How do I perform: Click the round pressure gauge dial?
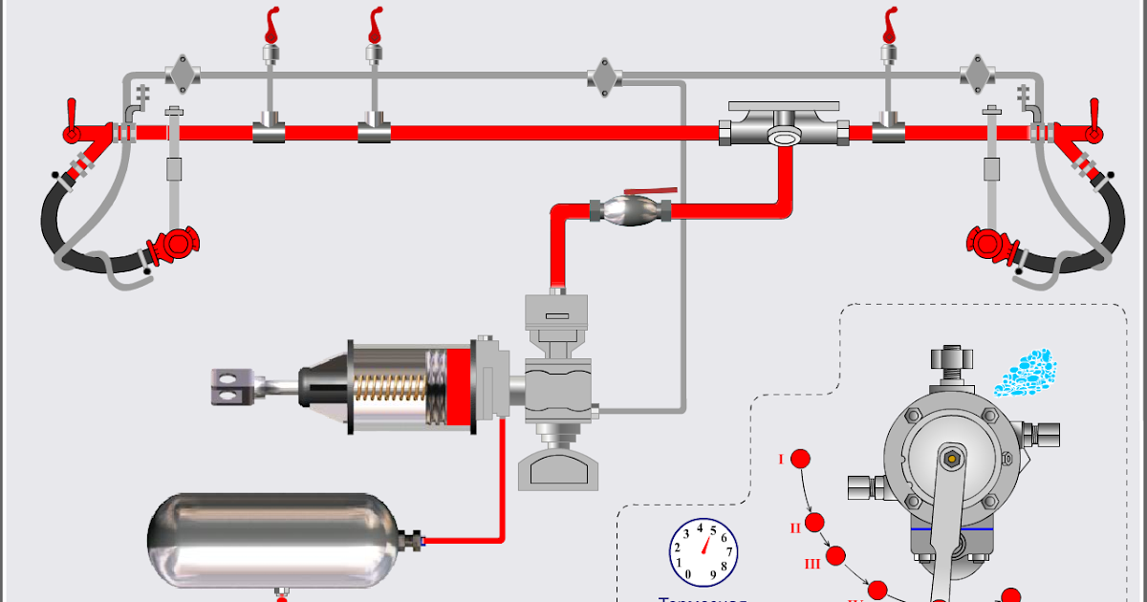click(x=703, y=553)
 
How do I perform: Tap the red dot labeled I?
click(x=800, y=459)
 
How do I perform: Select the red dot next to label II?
click(x=814, y=523)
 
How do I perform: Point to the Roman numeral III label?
click(x=812, y=564)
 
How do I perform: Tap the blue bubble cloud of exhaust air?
click(x=1024, y=372)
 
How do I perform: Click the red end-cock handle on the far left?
click(x=70, y=119)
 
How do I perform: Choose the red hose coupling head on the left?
click(x=175, y=246)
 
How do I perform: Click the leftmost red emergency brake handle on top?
click(x=272, y=24)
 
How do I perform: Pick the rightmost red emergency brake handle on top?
click(x=890, y=24)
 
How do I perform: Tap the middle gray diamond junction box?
click(x=603, y=75)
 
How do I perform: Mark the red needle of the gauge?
click(x=707, y=546)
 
